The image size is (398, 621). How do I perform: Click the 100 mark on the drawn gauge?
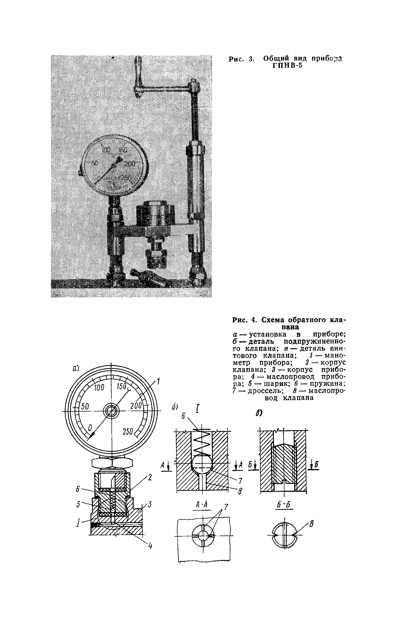(99, 388)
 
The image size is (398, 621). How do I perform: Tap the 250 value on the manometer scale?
(128, 432)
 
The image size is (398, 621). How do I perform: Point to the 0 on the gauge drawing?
(90, 428)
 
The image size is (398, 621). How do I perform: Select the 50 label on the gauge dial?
(85, 407)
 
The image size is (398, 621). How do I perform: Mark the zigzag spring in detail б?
(201, 443)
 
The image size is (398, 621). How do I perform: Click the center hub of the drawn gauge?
(111, 411)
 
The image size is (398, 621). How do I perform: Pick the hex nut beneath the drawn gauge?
(111, 463)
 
